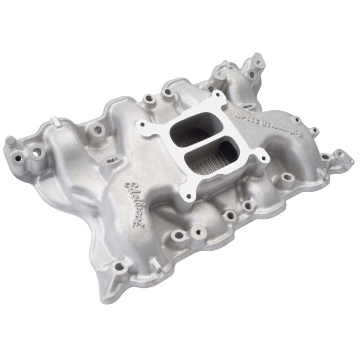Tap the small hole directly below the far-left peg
click(18, 157)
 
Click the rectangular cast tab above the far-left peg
click(55, 121)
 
